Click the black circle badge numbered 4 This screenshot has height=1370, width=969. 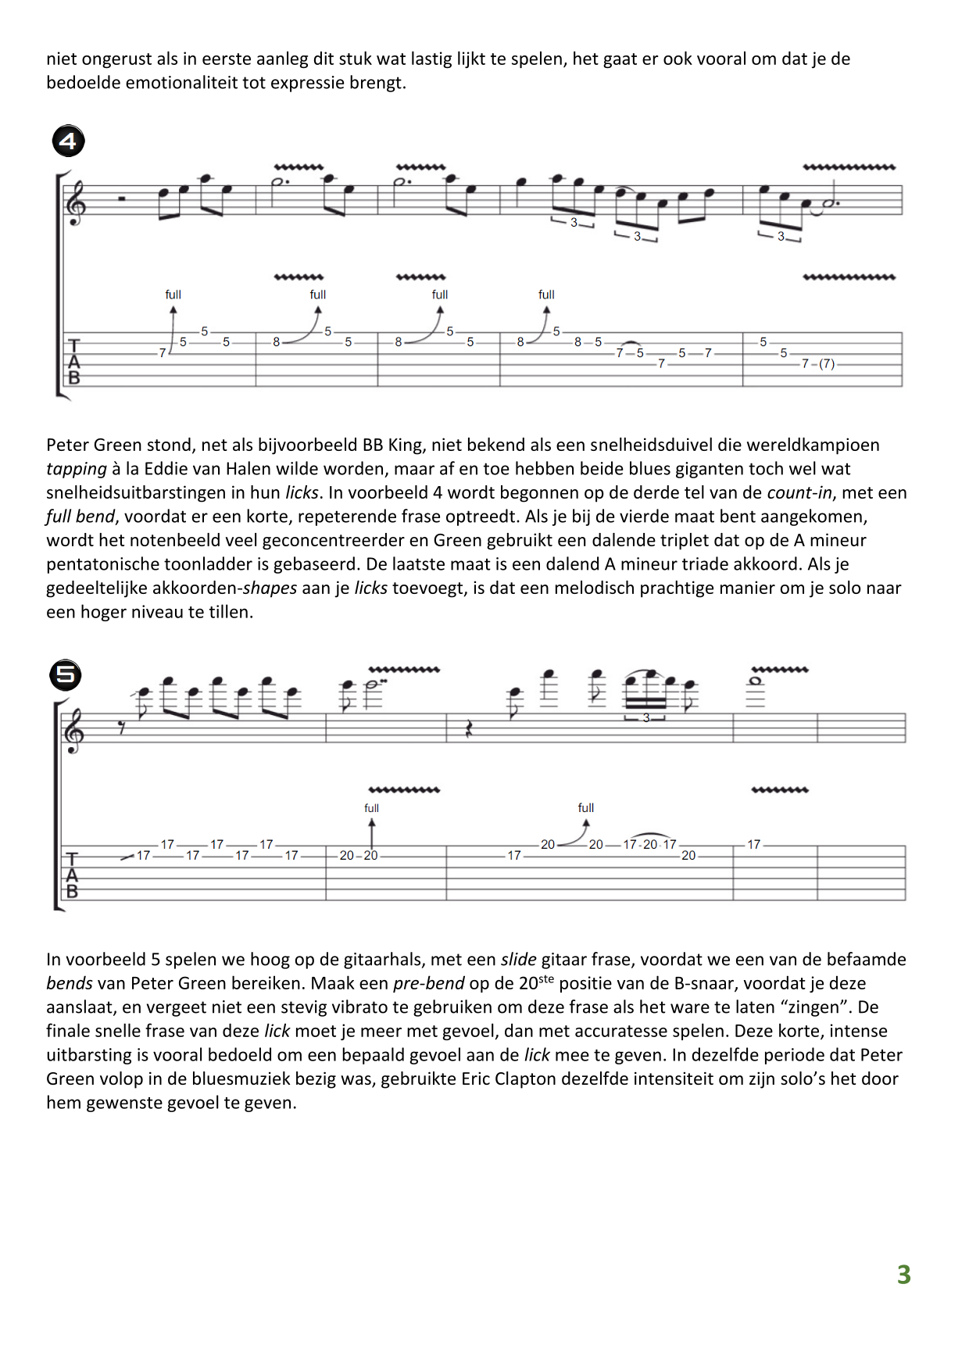click(x=69, y=141)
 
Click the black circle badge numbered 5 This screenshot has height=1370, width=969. click(x=66, y=674)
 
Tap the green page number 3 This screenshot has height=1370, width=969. click(x=903, y=1275)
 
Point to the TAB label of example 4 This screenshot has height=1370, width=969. click(x=74, y=361)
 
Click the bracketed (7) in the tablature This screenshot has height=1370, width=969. click(x=827, y=364)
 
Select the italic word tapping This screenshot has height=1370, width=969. click(x=76, y=469)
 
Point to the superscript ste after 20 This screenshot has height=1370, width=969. click(x=546, y=978)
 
